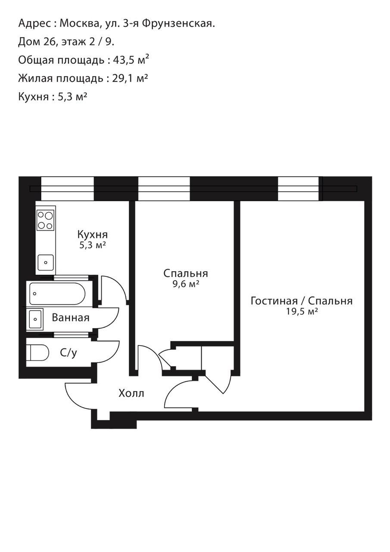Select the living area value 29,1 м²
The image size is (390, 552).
click(130, 78)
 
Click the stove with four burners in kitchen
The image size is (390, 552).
click(45, 220)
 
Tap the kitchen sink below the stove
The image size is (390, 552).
click(45, 262)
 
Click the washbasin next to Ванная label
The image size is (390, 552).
click(35, 319)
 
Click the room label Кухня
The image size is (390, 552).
click(92, 235)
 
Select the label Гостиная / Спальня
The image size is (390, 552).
click(301, 301)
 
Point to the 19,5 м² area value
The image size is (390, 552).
click(302, 312)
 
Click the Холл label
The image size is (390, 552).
click(131, 393)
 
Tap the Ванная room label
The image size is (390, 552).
click(71, 318)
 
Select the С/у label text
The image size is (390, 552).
click(69, 353)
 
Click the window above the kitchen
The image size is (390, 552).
click(67, 188)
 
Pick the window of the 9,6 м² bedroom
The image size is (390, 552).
click(164, 188)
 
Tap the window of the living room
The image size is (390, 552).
click(300, 188)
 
